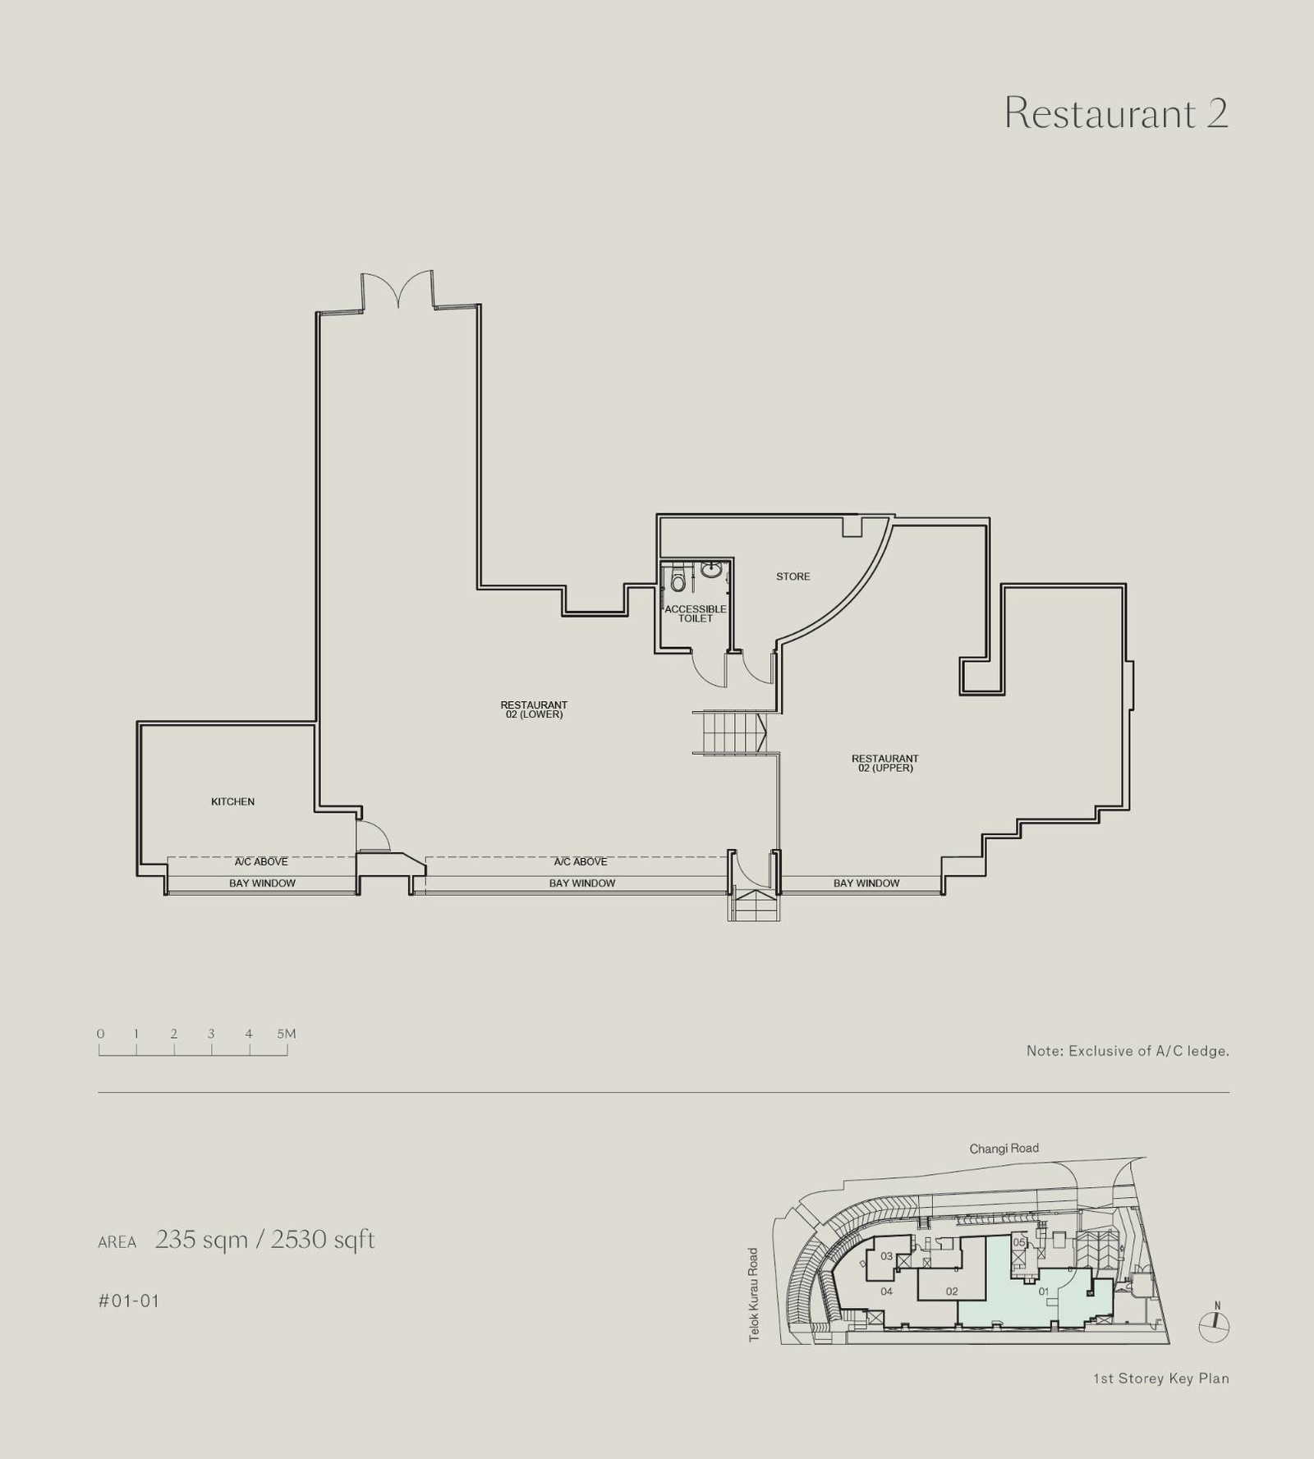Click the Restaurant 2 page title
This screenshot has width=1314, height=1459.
[1116, 112]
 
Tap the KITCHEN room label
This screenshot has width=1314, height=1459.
[232, 801]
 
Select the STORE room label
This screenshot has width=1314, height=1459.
[793, 576]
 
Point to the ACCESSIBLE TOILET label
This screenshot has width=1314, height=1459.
[696, 613]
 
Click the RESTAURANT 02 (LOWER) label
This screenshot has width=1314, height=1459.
[534, 709]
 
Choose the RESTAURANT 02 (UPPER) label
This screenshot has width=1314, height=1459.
[884, 763]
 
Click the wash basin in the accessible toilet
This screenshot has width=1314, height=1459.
[711, 569]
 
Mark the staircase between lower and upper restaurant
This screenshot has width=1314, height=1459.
[730, 732]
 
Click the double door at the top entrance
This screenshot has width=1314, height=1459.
[397, 291]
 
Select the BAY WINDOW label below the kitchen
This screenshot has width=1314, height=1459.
[262, 883]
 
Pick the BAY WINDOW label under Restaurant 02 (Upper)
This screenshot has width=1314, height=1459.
[866, 883]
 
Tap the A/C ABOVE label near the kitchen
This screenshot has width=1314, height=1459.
[261, 861]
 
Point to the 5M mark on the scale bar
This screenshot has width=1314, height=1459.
[286, 1034]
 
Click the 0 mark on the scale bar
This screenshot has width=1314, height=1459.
[100, 1034]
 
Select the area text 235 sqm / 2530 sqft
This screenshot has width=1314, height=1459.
[264, 1239]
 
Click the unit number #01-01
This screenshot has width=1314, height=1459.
[128, 1301]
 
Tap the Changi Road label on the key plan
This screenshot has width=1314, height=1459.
[1004, 1148]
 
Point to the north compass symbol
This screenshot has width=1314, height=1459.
[1214, 1322]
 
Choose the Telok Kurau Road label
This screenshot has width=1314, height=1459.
[753, 1295]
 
